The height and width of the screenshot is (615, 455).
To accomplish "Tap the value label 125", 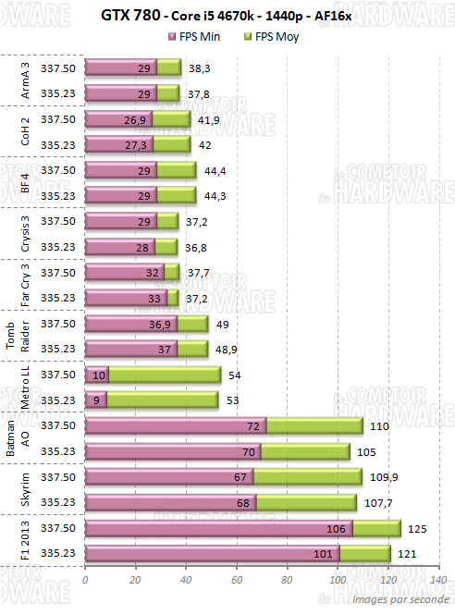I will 418,528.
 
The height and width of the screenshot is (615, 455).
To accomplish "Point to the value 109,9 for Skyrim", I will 381,476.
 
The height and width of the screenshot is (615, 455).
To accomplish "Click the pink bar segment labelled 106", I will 218,528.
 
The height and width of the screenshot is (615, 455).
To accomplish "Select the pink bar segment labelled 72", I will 176,425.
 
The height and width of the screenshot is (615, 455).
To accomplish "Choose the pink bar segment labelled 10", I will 96,375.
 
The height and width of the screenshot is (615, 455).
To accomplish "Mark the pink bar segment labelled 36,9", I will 130,324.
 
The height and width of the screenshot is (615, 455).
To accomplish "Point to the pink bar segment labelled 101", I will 212,553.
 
